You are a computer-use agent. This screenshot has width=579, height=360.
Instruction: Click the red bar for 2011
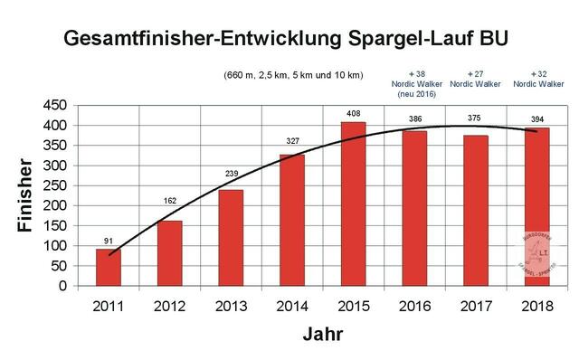pos(109,267)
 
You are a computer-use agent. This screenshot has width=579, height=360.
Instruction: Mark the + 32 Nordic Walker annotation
pos(539,78)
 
